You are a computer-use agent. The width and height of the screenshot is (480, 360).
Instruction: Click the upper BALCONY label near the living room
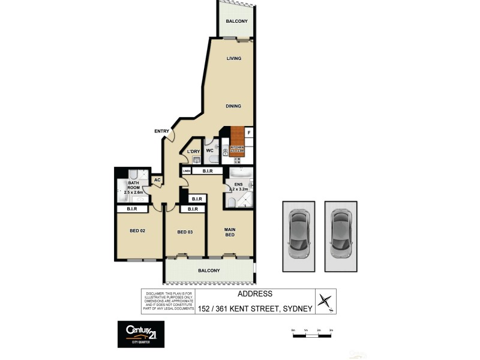[236, 22]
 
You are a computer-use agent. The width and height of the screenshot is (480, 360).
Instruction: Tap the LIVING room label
[233, 58]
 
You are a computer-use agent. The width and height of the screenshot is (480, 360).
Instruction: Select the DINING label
[233, 106]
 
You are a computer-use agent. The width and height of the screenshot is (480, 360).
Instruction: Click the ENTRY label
[161, 131]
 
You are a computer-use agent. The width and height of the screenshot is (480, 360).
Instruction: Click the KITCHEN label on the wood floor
[237, 147]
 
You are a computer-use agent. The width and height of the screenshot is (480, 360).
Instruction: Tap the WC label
[210, 151]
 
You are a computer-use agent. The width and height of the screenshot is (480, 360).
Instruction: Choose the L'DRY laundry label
[193, 151]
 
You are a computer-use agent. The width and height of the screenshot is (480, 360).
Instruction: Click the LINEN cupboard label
[187, 172]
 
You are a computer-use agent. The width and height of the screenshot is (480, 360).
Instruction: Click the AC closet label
[157, 179]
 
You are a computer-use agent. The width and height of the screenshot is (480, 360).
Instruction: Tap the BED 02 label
[138, 230]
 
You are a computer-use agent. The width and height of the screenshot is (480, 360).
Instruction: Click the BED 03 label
[184, 232]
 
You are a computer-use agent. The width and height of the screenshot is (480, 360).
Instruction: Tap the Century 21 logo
[140, 334]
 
